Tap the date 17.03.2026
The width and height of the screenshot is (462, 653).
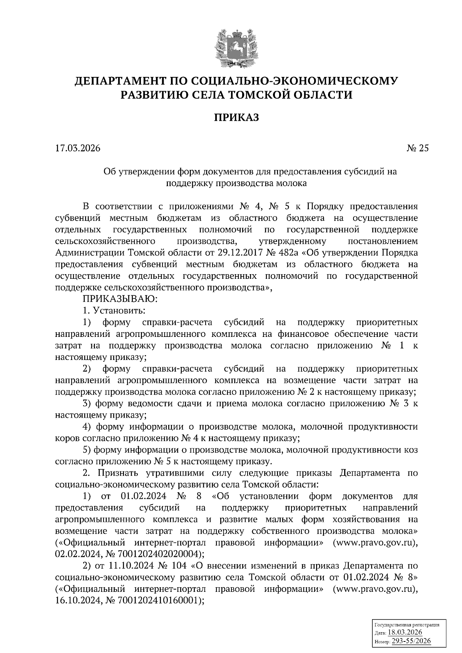pos(77,148)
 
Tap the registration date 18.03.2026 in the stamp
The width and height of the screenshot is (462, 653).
pos(405,633)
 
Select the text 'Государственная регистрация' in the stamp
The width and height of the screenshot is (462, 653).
pos(407,625)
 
